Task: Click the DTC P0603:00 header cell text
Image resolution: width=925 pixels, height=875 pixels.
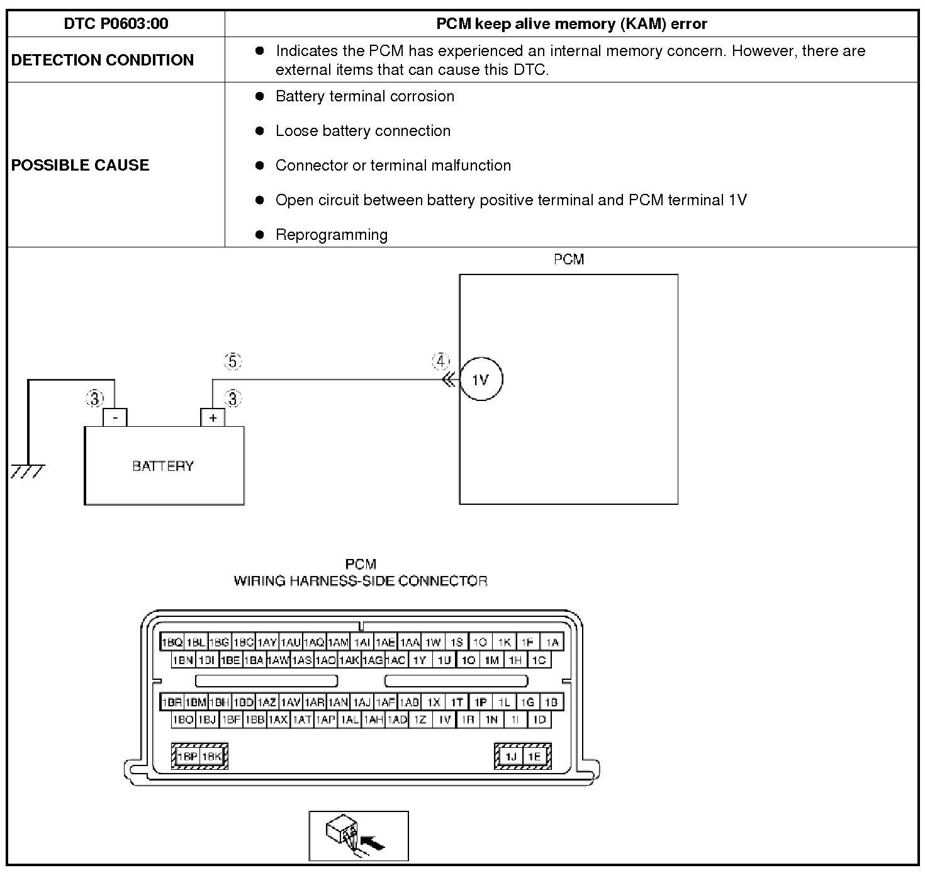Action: coord(116,24)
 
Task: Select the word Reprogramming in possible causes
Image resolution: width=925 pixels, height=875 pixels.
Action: coord(331,235)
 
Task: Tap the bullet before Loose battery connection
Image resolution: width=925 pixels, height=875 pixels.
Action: coord(259,131)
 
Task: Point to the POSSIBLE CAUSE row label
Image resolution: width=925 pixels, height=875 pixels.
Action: coord(81,165)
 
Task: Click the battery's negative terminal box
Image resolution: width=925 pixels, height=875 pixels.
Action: coord(115,417)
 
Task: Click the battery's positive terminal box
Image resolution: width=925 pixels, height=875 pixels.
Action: coord(213,417)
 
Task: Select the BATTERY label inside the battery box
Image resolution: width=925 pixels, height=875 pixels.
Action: coord(163,466)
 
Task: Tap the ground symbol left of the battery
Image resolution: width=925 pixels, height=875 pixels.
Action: coord(27,471)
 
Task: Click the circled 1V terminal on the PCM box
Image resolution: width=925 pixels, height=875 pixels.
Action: coord(481,380)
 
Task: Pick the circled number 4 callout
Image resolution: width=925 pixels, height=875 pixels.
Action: coord(440,362)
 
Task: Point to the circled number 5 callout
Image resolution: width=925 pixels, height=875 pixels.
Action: coord(233,362)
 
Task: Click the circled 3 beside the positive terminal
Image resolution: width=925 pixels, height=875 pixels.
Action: coord(233,398)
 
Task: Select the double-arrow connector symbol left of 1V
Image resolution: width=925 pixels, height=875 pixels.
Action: coord(449,380)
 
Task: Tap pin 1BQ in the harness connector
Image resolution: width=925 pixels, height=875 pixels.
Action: coord(172,643)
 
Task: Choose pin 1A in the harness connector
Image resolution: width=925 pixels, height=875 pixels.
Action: coord(552,643)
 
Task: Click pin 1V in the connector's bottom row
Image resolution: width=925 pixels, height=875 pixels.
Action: coord(444,720)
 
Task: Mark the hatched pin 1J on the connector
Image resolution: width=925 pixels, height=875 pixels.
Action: coord(511,757)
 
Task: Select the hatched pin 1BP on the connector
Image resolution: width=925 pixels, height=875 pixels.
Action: coord(187,757)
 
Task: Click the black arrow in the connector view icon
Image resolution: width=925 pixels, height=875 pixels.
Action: coord(375,844)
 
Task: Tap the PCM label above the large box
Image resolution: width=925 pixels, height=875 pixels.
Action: coord(569,259)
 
